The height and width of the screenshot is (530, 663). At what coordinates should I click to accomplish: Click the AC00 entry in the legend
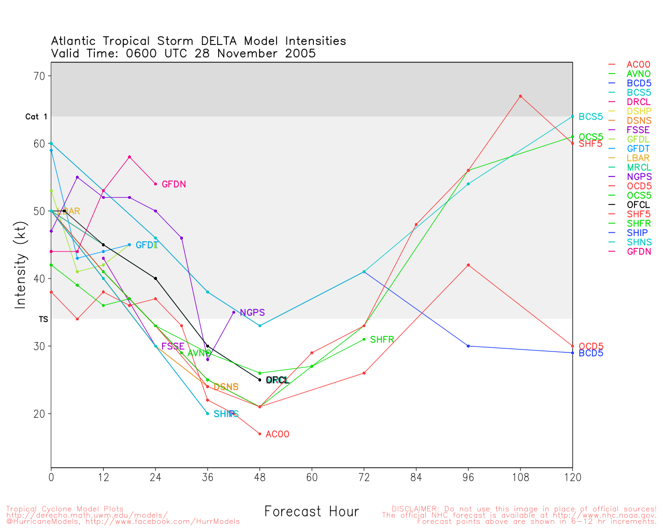638,65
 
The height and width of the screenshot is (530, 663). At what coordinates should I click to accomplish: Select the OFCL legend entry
638,205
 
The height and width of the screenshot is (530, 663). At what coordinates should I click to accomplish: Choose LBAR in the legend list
639,158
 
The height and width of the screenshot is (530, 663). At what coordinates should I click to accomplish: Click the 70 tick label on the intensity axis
39,76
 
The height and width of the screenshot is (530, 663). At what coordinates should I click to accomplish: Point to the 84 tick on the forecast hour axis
416,478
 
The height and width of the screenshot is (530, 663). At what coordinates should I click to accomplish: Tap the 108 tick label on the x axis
520,478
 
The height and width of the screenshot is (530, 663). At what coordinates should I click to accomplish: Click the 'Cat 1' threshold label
36,117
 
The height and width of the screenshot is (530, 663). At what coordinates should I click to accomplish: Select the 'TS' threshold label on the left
44,319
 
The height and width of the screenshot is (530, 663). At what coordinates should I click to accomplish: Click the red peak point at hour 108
521,96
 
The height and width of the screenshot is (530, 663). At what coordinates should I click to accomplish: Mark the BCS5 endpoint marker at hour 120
572,116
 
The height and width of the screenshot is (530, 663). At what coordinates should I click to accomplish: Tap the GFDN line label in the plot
174,184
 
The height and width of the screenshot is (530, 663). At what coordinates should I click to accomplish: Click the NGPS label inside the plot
252,313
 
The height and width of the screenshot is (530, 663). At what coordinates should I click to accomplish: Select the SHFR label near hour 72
382,340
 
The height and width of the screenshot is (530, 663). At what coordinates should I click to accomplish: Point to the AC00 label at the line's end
277,434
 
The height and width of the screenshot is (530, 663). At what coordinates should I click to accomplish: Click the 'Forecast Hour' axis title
311,512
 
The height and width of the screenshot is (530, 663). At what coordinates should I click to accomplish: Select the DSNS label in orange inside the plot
226,387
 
